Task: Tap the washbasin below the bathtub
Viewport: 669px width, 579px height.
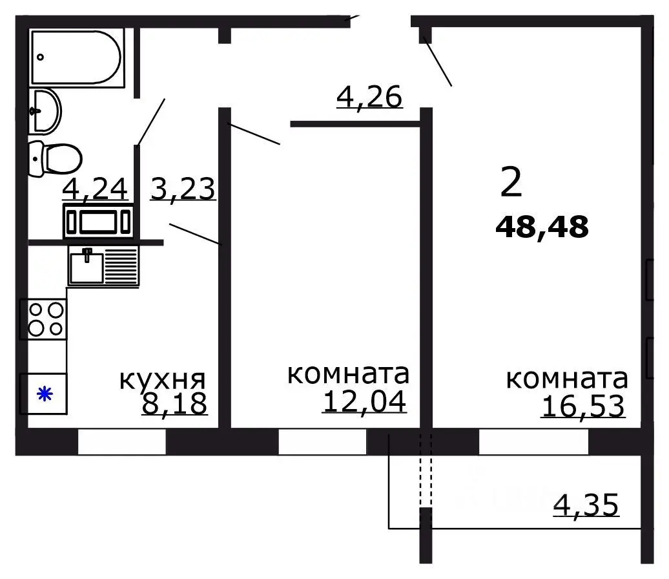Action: (45, 111)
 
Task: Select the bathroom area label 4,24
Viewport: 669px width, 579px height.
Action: (96, 189)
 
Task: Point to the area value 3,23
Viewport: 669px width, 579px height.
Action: (182, 189)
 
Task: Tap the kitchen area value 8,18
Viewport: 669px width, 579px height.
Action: (174, 403)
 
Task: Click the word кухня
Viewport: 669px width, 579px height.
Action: (162, 379)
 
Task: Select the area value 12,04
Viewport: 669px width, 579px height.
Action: (364, 401)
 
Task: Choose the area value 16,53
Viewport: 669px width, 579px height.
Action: (583, 406)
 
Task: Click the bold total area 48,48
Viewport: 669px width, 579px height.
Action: (542, 227)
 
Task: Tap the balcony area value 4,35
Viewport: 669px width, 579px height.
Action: (586, 505)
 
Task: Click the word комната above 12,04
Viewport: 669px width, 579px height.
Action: (347, 374)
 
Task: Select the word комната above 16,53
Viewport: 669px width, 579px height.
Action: (566, 379)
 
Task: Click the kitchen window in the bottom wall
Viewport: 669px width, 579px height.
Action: (122, 442)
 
